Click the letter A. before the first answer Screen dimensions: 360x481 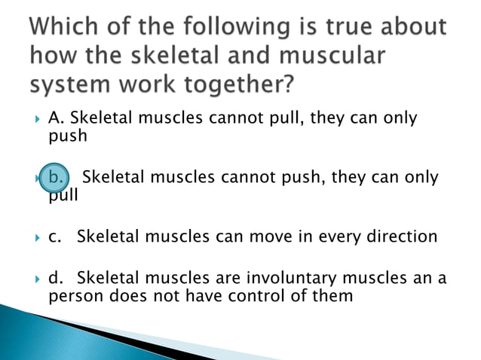click(x=57, y=119)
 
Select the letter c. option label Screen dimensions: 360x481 click(x=54, y=236)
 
